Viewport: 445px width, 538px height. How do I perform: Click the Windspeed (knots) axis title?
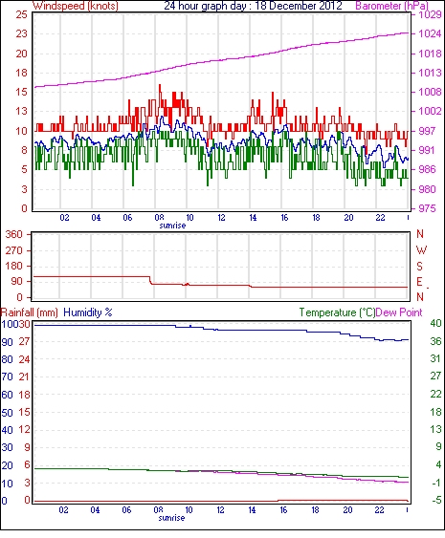click(76, 6)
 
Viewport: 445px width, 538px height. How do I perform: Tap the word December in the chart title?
click(288, 6)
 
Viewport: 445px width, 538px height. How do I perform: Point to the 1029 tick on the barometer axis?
click(430, 14)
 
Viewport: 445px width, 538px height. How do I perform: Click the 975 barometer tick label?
click(427, 208)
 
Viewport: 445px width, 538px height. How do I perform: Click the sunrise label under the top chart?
click(172, 226)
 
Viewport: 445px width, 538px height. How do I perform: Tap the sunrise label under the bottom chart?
click(171, 518)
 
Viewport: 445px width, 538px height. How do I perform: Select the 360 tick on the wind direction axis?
click(13, 235)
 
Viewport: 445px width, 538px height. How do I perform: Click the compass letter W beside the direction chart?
click(421, 250)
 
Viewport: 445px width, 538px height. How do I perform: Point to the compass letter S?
click(419, 266)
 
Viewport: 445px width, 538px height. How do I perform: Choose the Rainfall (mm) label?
click(30, 312)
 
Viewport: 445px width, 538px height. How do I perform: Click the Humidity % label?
click(88, 312)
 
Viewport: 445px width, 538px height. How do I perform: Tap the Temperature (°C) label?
click(337, 312)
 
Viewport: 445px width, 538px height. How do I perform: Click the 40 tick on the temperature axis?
click(435, 323)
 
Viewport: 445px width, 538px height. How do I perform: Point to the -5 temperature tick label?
click(436, 501)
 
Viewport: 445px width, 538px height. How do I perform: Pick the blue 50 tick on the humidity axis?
click(7, 413)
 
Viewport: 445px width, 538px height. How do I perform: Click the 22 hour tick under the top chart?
click(379, 218)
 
